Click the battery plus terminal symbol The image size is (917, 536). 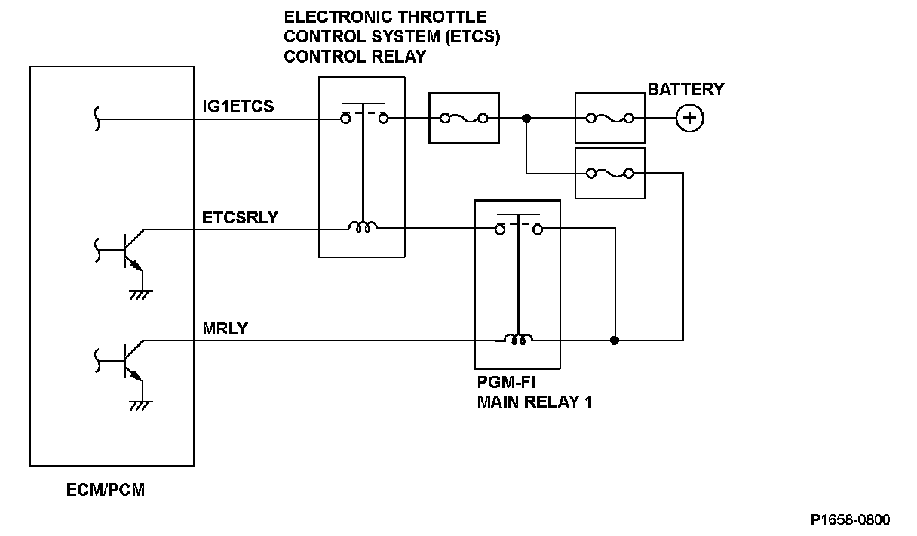tap(689, 118)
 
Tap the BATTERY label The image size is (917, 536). tap(685, 89)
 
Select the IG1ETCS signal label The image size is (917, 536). tap(238, 106)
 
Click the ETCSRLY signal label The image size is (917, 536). tap(240, 218)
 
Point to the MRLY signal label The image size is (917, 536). tap(225, 330)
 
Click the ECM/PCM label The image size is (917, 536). tap(106, 491)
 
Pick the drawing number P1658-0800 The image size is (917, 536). tap(850, 519)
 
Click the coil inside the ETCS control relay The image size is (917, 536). tap(363, 226)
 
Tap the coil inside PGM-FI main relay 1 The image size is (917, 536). tap(517, 340)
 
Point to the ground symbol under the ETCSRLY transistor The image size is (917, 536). tap(140, 294)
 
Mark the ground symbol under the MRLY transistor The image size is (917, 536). tap(140, 405)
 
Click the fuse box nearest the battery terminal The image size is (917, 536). tap(610, 118)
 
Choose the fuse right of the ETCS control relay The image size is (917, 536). tap(464, 118)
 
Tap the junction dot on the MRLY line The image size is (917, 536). tap(615, 340)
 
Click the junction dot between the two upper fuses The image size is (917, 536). tap(526, 118)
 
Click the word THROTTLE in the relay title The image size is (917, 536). tap(442, 17)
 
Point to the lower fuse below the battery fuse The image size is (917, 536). tap(610, 173)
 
